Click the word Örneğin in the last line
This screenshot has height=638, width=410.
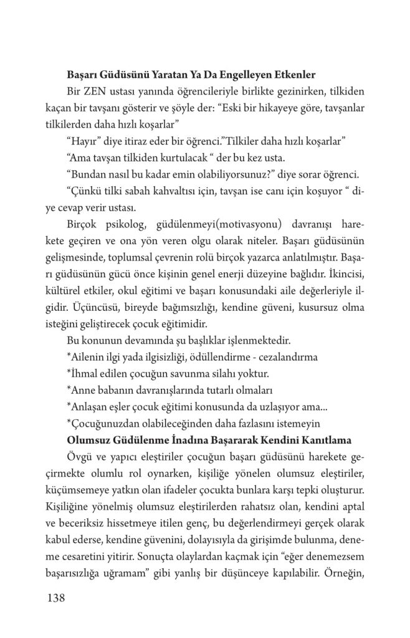click(x=343, y=569)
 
